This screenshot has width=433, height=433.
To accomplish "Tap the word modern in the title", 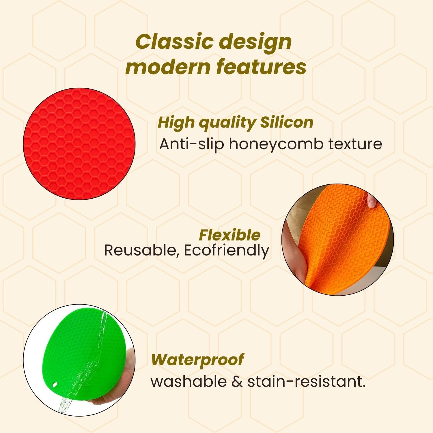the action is tap(168, 67).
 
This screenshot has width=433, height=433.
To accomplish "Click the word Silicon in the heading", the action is tap(287, 122).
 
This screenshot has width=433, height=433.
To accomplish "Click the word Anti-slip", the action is tap(192, 144).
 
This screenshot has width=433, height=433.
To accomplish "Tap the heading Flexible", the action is tap(230, 235).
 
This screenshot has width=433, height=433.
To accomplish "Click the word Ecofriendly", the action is tap(227, 250).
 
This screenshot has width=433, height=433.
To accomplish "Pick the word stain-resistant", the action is tap(306, 381).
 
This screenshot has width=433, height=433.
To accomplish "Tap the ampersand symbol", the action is tap(237, 381).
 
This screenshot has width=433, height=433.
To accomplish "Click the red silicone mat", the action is tap(79, 144).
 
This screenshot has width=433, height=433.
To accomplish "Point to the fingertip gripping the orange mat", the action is tap(371, 200).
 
